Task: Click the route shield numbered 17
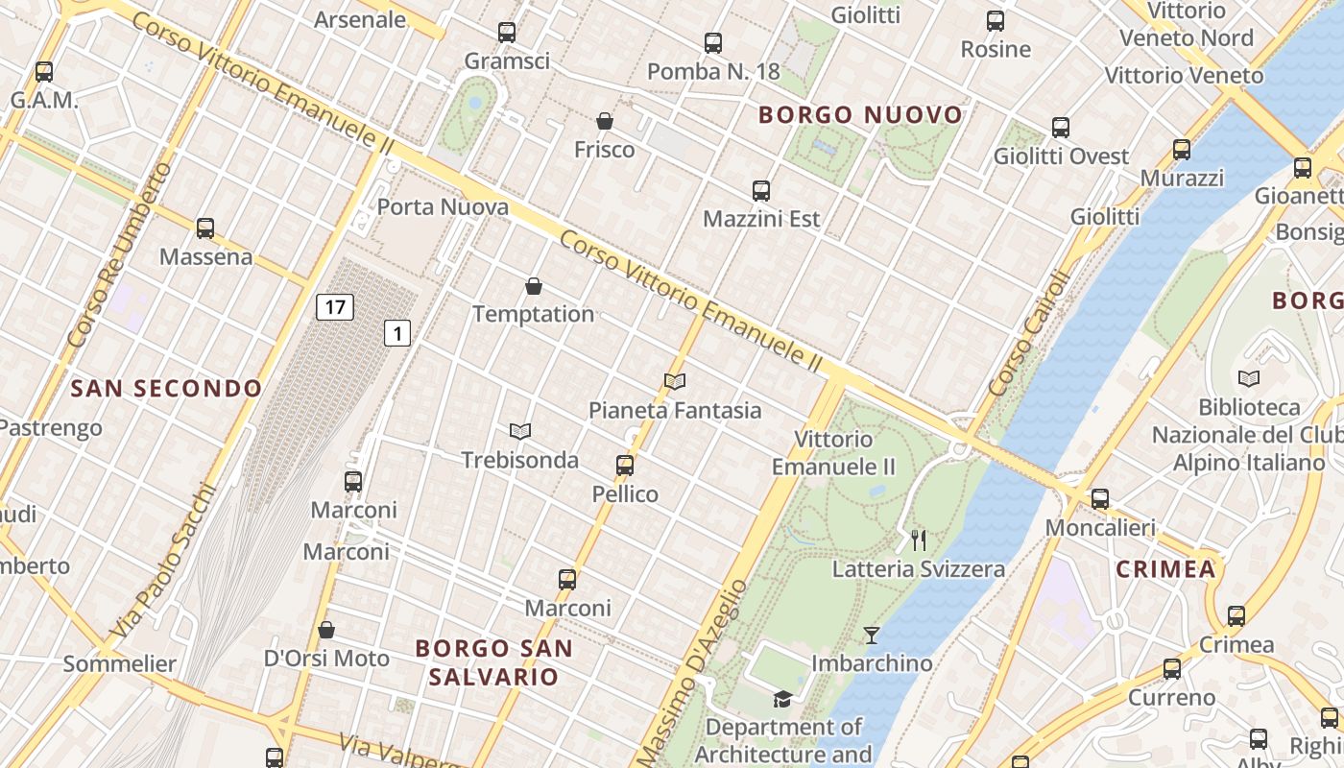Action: pyautogui.click(x=334, y=307)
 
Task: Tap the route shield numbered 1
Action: pyautogui.click(x=397, y=333)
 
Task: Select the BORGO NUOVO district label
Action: pyautogui.click(x=860, y=115)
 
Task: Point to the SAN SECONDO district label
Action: pyautogui.click(x=166, y=389)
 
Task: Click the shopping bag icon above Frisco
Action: pyautogui.click(x=605, y=121)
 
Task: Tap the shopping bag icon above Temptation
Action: pyautogui.click(x=534, y=286)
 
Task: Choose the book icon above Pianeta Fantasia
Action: pyautogui.click(x=675, y=382)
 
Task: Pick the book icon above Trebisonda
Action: pyautogui.click(x=520, y=432)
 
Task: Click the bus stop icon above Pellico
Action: pyautogui.click(x=625, y=466)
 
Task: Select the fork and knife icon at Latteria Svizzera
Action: pyautogui.click(x=919, y=540)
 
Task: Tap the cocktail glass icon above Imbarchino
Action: pyautogui.click(x=871, y=635)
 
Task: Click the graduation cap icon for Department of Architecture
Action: pyautogui.click(x=783, y=699)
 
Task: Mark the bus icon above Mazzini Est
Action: pyautogui.click(x=761, y=191)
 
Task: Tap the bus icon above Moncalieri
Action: pyautogui.click(x=1100, y=499)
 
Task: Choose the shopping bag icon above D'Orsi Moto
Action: pyautogui.click(x=326, y=630)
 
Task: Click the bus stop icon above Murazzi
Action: pyautogui.click(x=1182, y=150)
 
